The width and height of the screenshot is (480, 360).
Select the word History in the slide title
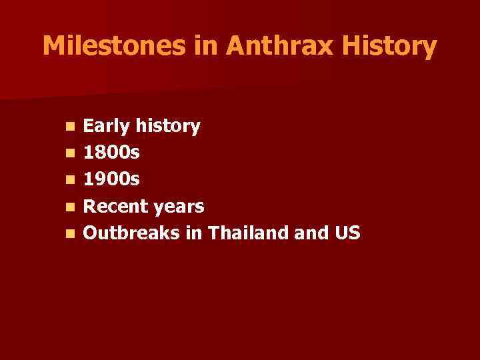point(398,46)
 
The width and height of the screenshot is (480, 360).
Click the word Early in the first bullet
point(107,126)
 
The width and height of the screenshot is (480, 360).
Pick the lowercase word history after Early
point(168,126)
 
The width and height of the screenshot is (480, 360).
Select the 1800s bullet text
point(111,153)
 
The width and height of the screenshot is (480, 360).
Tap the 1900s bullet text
point(111,180)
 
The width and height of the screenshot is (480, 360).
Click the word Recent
point(115,207)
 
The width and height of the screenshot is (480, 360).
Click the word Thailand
point(255,233)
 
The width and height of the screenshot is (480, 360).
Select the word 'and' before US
point(316,233)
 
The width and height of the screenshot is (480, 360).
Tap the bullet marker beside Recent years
point(70,207)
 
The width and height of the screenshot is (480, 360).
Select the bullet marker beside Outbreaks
point(70,234)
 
